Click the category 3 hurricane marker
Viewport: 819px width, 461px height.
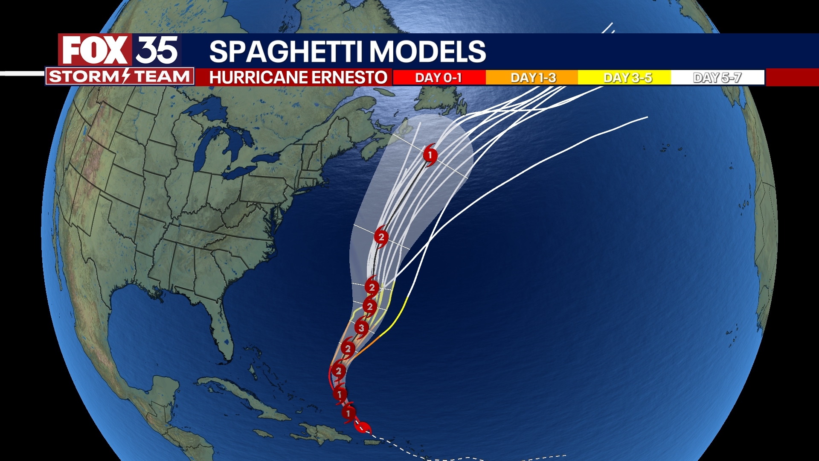tap(362, 328)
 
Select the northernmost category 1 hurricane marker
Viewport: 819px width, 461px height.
tap(430, 155)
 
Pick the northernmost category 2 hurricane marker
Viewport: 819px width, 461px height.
tap(381, 237)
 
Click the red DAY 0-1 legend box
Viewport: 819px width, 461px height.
tap(439, 78)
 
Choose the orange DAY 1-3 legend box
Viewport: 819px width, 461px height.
tap(532, 78)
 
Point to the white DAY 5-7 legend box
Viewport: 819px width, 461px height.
tap(717, 78)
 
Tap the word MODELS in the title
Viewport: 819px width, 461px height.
tap(427, 52)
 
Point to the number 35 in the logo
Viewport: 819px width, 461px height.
tap(157, 50)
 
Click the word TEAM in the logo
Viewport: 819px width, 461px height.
tap(162, 76)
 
